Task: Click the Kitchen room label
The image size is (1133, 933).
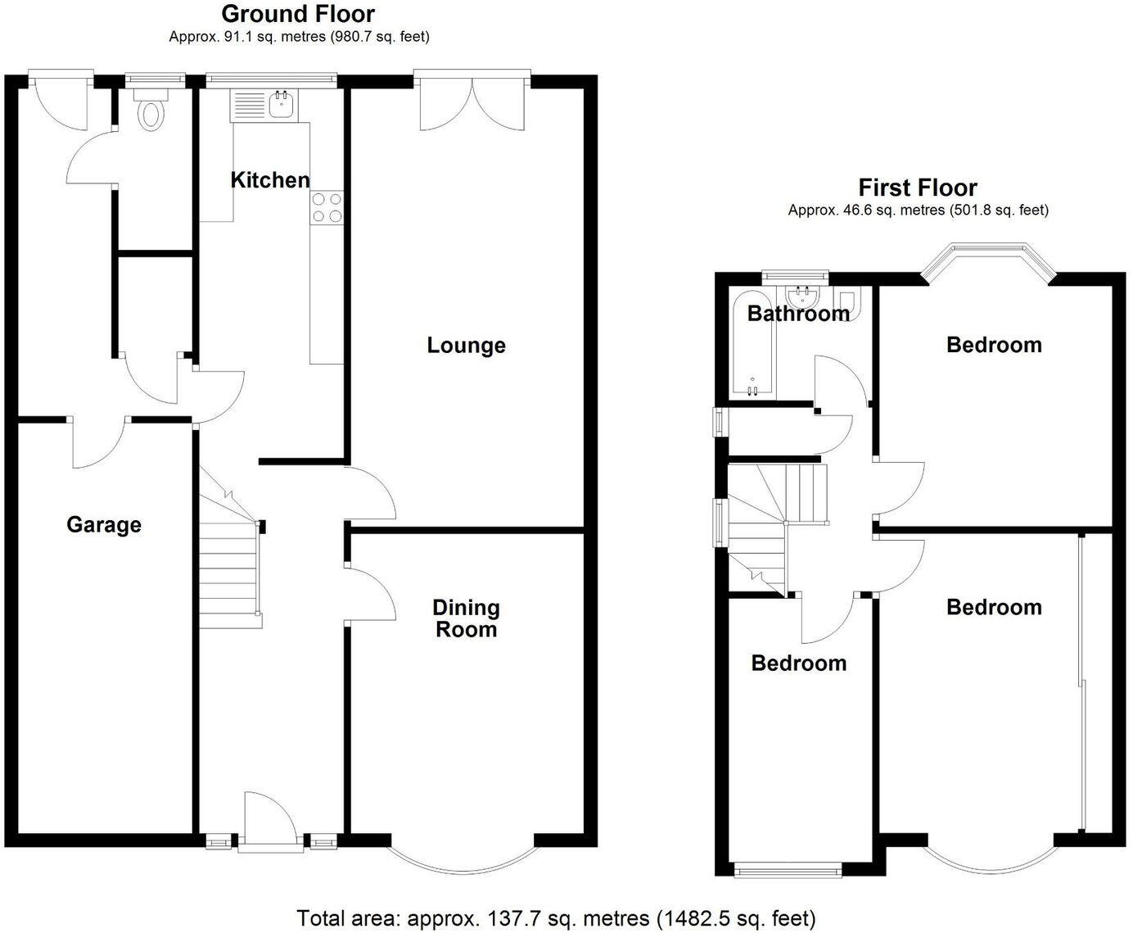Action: coord(270,180)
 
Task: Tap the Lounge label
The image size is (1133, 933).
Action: coord(466,346)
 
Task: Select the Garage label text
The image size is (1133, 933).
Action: coord(104,524)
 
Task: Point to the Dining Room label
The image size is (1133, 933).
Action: coord(466,618)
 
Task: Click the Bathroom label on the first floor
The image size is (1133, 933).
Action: coord(798,314)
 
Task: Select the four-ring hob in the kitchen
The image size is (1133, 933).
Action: coord(327,206)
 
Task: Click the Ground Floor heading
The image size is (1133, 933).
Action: coord(298,14)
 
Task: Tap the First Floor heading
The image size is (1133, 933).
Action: coord(918,188)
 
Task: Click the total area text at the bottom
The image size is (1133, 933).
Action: coord(556,917)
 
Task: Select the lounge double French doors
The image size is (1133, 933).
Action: coord(471,102)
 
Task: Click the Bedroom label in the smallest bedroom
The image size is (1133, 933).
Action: coord(799,663)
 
